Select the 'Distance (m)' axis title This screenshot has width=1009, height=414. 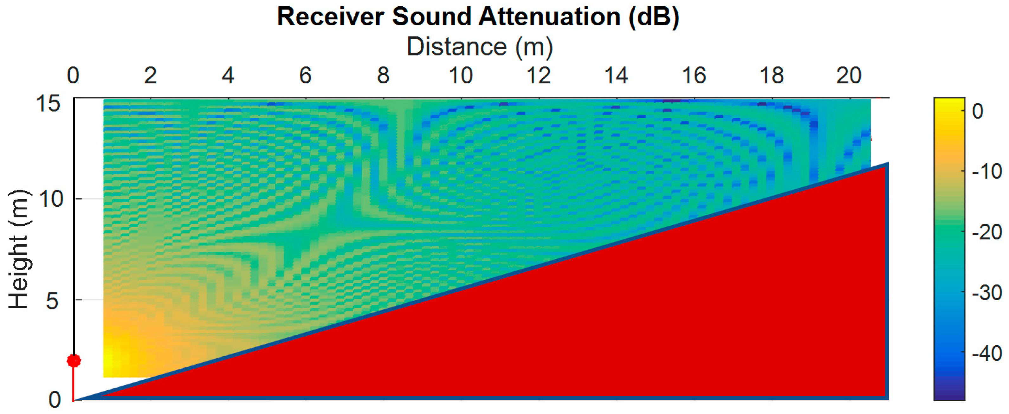point(480,47)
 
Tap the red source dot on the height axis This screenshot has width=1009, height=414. point(74,360)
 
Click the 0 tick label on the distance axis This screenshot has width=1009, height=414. point(73,75)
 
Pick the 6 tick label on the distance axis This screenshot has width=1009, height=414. point(306,75)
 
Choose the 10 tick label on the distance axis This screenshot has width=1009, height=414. point(461,75)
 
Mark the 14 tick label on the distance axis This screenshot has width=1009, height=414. point(616,75)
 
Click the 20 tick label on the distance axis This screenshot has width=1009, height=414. point(849,75)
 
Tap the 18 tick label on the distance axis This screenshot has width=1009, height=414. point(772,75)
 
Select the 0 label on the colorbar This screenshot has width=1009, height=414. point(978,112)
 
